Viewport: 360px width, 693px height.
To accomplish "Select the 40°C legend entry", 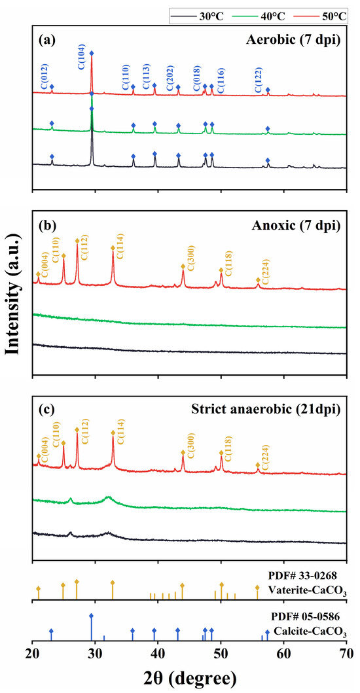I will [x=258, y=15].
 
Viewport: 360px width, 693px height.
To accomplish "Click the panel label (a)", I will [x=46, y=39].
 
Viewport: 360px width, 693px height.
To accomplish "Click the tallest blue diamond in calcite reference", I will [x=91, y=616].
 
